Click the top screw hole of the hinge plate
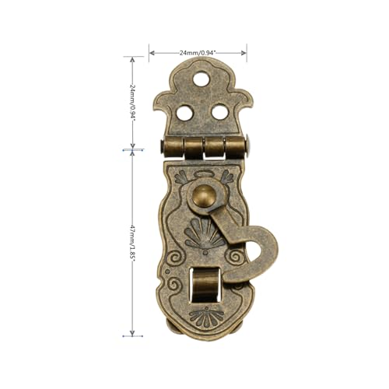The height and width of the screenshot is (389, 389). click(x=202, y=79)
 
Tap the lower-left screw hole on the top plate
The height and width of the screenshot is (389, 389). click(x=184, y=112)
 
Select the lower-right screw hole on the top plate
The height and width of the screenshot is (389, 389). click(x=220, y=112)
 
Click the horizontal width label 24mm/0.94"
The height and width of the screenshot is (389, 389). click(x=198, y=52)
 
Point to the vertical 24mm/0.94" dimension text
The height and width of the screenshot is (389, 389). click(x=133, y=100)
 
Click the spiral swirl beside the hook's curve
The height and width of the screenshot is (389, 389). click(x=233, y=257)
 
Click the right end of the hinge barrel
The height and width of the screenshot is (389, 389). click(x=251, y=145)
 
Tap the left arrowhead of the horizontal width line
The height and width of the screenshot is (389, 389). click(x=151, y=53)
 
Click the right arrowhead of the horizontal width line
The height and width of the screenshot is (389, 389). click(x=245, y=53)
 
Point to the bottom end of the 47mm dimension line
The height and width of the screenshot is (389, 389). click(x=132, y=335)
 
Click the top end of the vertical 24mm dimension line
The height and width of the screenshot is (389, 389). click(x=133, y=58)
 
